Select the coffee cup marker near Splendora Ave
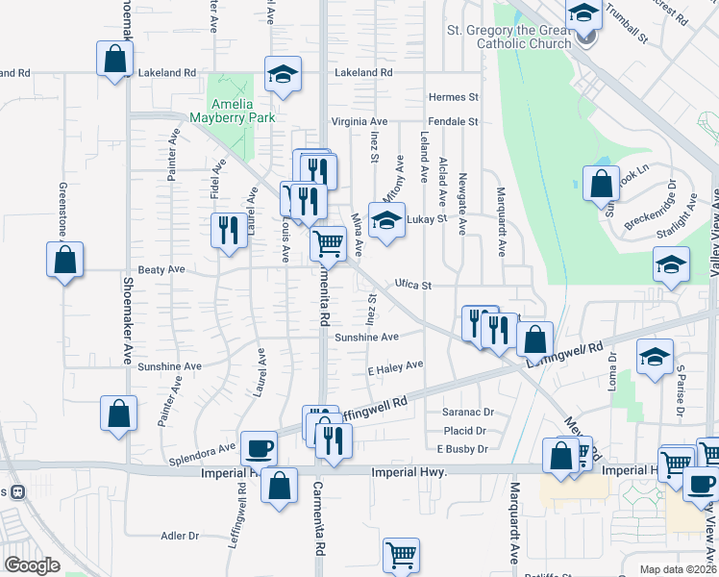tap(259, 448)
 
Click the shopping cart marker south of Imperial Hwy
tap(401, 555)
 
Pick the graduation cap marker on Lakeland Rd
tap(284, 75)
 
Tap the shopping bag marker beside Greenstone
tap(64, 259)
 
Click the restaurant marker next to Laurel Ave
tap(229, 231)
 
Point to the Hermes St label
tap(454, 97)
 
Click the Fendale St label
tap(454, 122)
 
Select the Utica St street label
tap(414, 286)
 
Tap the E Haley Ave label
tap(395, 365)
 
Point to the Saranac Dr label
tap(468, 412)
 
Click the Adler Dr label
tap(180, 536)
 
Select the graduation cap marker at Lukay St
tap(386, 221)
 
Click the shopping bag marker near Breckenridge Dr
tap(601, 183)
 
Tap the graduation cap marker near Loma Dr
tap(655, 359)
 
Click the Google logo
tap(32, 565)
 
